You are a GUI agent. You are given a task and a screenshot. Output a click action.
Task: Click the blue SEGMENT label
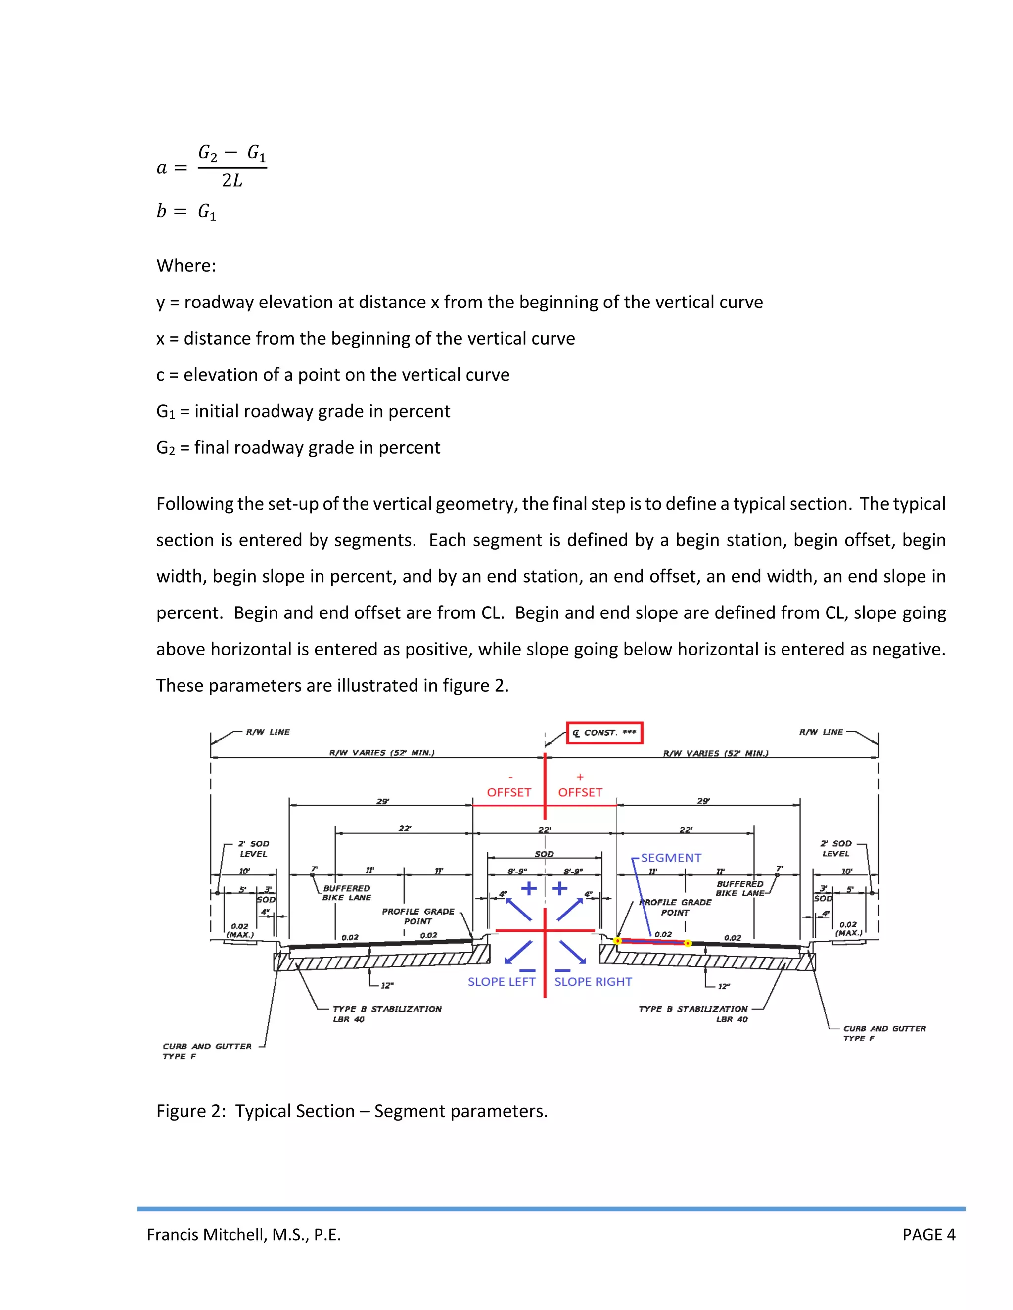click(x=670, y=858)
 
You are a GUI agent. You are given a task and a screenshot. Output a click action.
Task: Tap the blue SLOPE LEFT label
click(x=501, y=981)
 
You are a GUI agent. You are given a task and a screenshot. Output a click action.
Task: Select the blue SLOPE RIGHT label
click(x=593, y=981)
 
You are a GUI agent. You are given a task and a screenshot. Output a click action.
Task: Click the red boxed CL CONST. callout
click(x=604, y=733)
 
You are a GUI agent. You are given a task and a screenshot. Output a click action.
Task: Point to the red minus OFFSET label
click(x=509, y=792)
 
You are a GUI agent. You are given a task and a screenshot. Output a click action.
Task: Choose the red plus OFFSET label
click(x=580, y=792)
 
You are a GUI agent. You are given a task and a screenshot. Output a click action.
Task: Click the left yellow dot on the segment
click(x=617, y=941)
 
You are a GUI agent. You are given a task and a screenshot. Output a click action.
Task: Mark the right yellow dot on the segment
click(x=688, y=943)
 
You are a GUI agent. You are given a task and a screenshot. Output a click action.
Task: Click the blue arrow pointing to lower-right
click(x=572, y=951)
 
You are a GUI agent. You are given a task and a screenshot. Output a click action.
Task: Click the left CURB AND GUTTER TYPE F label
click(x=207, y=1051)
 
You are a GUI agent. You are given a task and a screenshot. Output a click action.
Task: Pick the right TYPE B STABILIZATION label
click(x=693, y=1014)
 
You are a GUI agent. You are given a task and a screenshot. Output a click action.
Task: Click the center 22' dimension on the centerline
click(x=544, y=830)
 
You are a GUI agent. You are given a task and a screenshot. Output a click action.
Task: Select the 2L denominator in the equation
click(x=232, y=180)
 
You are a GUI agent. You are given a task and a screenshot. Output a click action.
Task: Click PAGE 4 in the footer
click(x=928, y=1234)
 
